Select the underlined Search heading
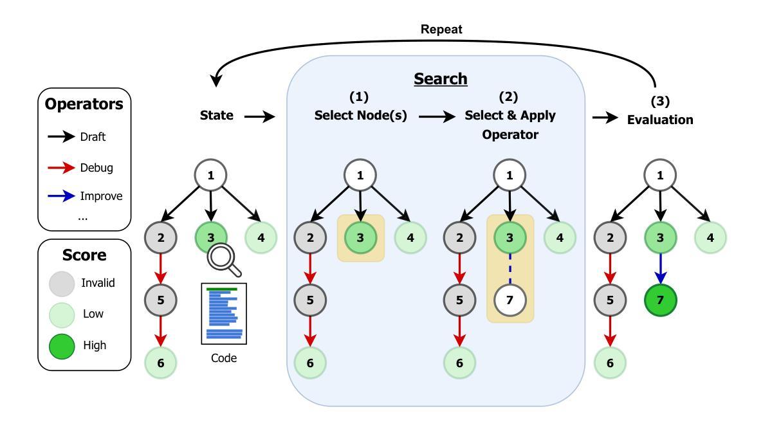click(x=441, y=79)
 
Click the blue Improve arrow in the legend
click(x=61, y=196)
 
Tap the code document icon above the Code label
click(x=224, y=314)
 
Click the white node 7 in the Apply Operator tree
click(x=510, y=300)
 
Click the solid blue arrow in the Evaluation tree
click(x=659, y=269)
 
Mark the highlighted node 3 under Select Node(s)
click(x=361, y=237)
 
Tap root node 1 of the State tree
click(x=211, y=175)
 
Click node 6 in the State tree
click(x=161, y=362)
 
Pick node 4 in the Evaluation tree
click(x=710, y=237)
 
